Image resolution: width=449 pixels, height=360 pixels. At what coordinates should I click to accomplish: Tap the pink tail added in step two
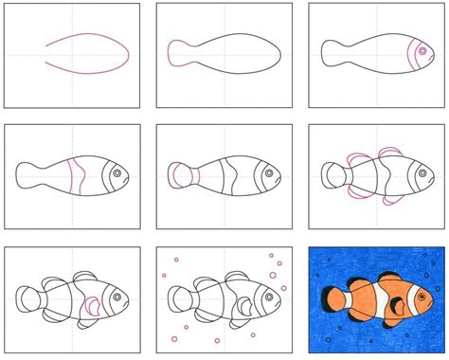coord(175,51)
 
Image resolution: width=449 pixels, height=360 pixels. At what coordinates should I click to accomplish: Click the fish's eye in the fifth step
coord(268,173)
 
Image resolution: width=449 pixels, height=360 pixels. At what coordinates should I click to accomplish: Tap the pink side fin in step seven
coord(92,305)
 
